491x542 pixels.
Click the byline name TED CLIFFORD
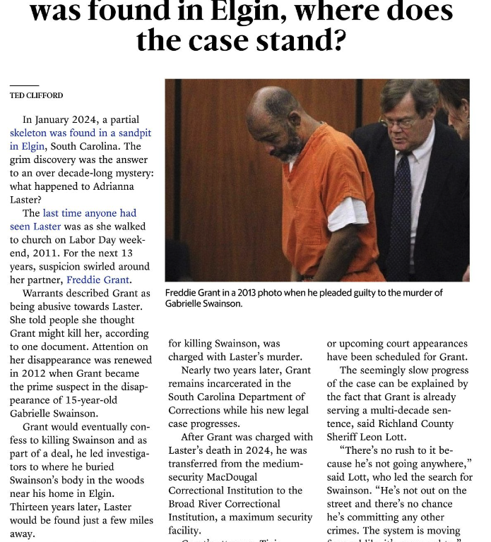[36, 95]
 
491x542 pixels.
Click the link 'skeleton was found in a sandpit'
[81, 133]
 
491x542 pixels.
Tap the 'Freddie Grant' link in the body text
[98, 279]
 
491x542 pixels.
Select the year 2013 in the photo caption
[249, 293]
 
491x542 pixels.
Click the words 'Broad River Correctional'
[224, 503]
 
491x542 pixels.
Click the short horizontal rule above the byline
[24, 86]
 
